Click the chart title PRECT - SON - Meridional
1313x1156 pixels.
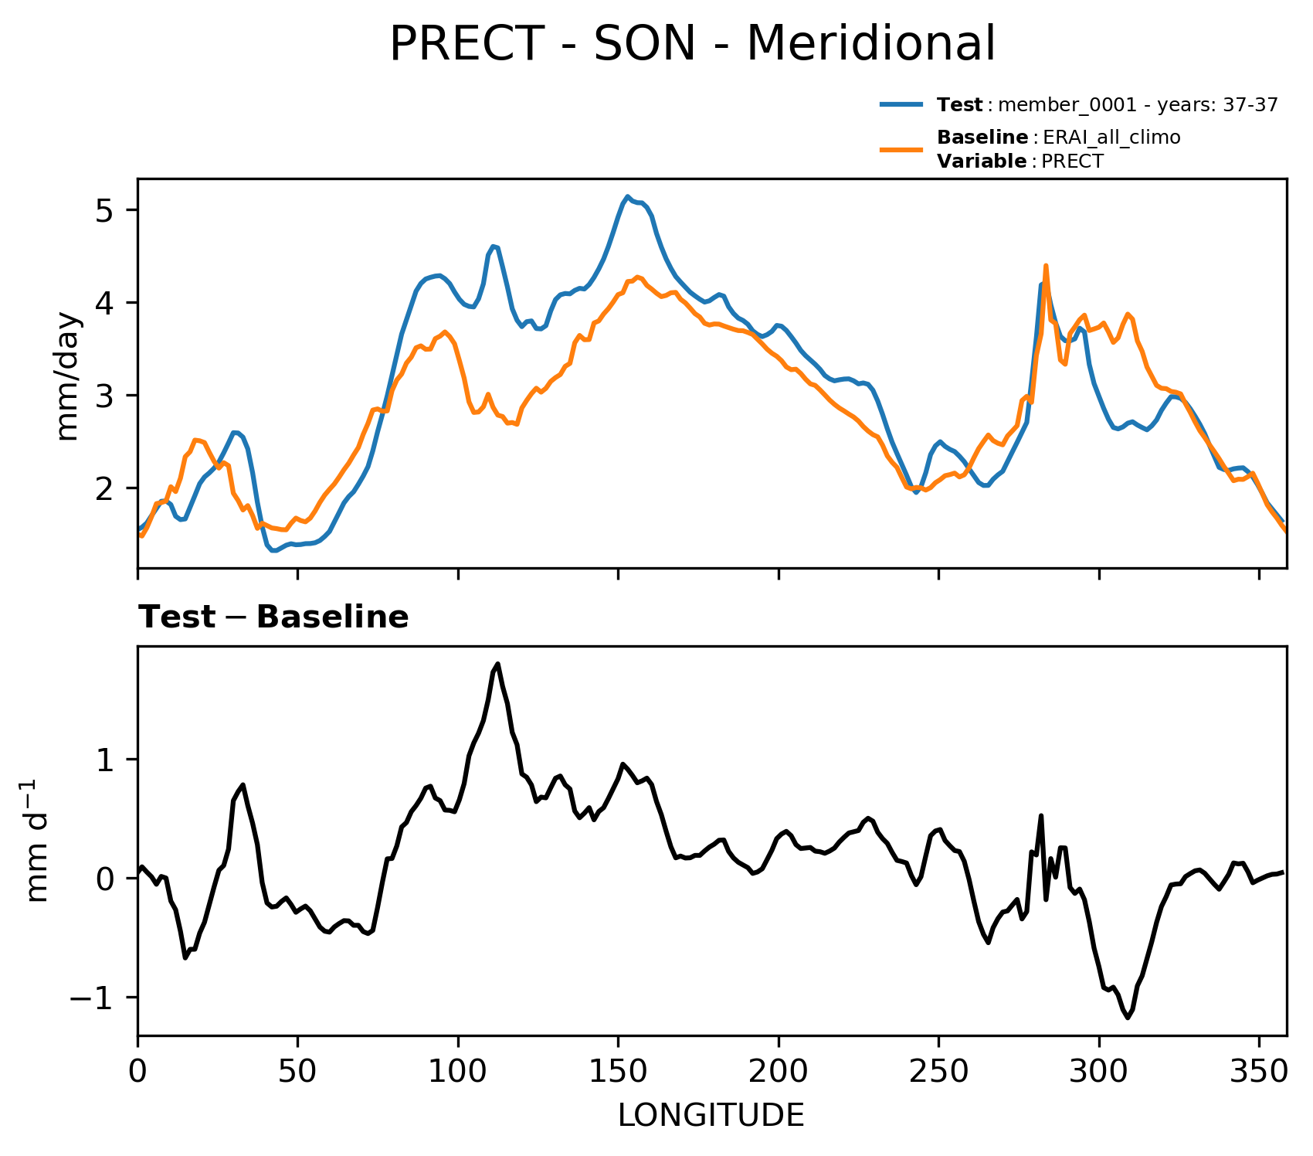coord(692,44)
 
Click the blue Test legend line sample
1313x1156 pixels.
coord(901,104)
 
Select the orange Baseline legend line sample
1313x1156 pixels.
coord(901,149)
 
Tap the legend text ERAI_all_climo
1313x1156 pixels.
coord(1111,138)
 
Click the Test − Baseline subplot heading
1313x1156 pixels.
coord(273,617)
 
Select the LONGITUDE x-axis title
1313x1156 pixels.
coord(711,1115)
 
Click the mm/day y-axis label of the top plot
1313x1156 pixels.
coord(68,376)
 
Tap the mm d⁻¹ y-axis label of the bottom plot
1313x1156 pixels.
coord(37,841)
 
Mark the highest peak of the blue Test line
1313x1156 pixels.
coord(628,197)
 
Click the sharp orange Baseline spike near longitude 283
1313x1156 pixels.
coord(1046,266)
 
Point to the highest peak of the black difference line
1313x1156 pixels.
coord(498,664)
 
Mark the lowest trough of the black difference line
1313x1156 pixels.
coord(1128,1018)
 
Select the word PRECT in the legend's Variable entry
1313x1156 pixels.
coord(1073,161)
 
